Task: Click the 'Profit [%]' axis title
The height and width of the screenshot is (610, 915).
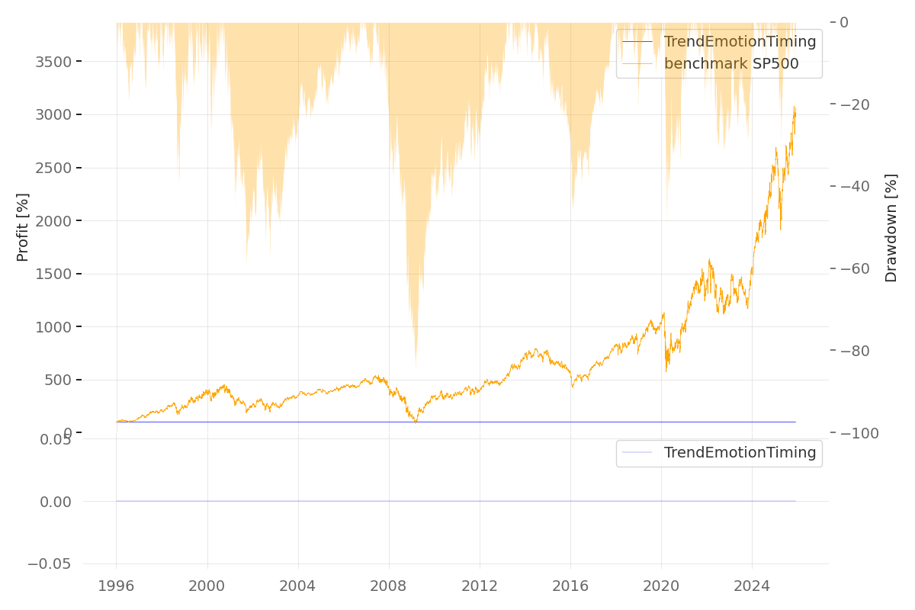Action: coord(23,227)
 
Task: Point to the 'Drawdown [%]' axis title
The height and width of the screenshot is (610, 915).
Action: coord(891,227)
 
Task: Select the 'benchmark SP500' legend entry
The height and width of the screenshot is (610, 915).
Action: coord(731,64)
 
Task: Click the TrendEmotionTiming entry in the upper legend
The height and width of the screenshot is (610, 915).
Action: coord(740,42)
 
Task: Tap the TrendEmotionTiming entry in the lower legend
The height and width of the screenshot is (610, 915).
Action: coord(740,453)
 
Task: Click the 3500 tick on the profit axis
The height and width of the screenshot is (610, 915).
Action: coord(53,62)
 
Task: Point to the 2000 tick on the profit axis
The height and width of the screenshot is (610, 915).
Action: coord(53,221)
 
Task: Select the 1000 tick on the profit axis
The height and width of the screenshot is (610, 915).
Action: coord(53,327)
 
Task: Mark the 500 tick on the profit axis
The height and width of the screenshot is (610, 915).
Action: coord(58,380)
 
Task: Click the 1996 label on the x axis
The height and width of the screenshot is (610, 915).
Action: coord(116,586)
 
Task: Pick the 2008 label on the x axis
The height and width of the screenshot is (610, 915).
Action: coord(389,586)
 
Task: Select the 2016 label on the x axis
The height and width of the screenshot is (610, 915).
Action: coord(570,586)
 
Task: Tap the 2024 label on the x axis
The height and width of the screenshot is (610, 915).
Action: coord(752,586)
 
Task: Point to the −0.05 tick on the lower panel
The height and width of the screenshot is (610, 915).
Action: coord(50,564)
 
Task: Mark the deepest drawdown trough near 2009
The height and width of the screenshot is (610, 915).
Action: coord(416,366)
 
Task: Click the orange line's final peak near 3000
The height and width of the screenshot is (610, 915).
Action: coord(794,108)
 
